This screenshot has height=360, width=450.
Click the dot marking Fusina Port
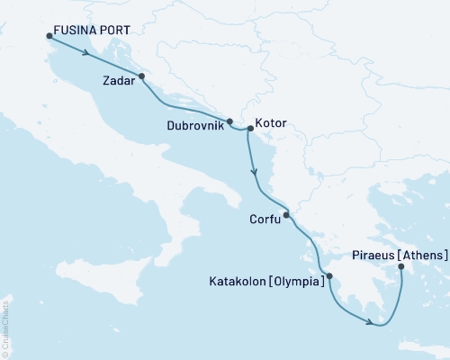pyautogui.click(x=48, y=37)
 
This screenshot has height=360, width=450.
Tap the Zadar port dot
pyautogui.click(x=142, y=76)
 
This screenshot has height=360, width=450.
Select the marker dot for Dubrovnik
pyautogui.click(x=229, y=121)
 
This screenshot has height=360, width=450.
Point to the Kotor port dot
pyautogui.click(x=250, y=129)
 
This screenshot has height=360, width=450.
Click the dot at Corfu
pyautogui.click(x=286, y=215)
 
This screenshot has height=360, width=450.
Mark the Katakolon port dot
pyautogui.click(x=328, y=276)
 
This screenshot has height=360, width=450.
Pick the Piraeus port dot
pyautogui.click(x=400, y=265)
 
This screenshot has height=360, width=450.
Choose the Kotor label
pyautogui.click(x=271, y=121)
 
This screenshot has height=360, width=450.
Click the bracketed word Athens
pyautogui.click(x=420, y=255)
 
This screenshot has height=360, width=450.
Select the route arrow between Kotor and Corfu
pyautogui.click(x=255, y=169)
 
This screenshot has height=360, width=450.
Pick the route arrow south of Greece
pyautogui.click(x=370, y=322)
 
